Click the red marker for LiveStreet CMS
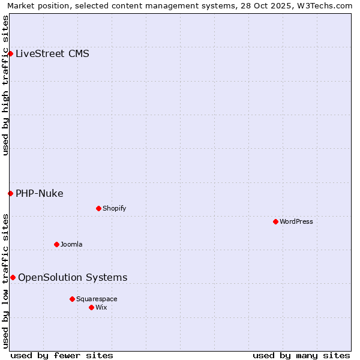(x=10, y=53)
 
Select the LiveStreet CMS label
(x=52, y=53)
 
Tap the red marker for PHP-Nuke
(x=10, y=193)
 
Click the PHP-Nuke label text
(x=39, y=193)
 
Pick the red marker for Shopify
(x=98, y=208)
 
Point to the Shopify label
(x=114, y=208)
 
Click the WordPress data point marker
(x=275, y=221)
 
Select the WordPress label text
(x=296, y=221)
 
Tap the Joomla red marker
(x=56, y=244)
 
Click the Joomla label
(x=71, y=244)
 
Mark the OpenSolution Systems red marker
(x=13, y=277)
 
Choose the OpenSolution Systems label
(x=73, y=277)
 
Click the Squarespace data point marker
(x=72, y=299)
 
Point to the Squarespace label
(x=97, y=299)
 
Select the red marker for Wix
(x=91, y=307)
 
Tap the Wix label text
(x=101, y=307)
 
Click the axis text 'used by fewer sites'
(x=62, y=355)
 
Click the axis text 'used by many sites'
(x=301, y=355)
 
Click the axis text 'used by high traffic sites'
(x=5, y=85)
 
